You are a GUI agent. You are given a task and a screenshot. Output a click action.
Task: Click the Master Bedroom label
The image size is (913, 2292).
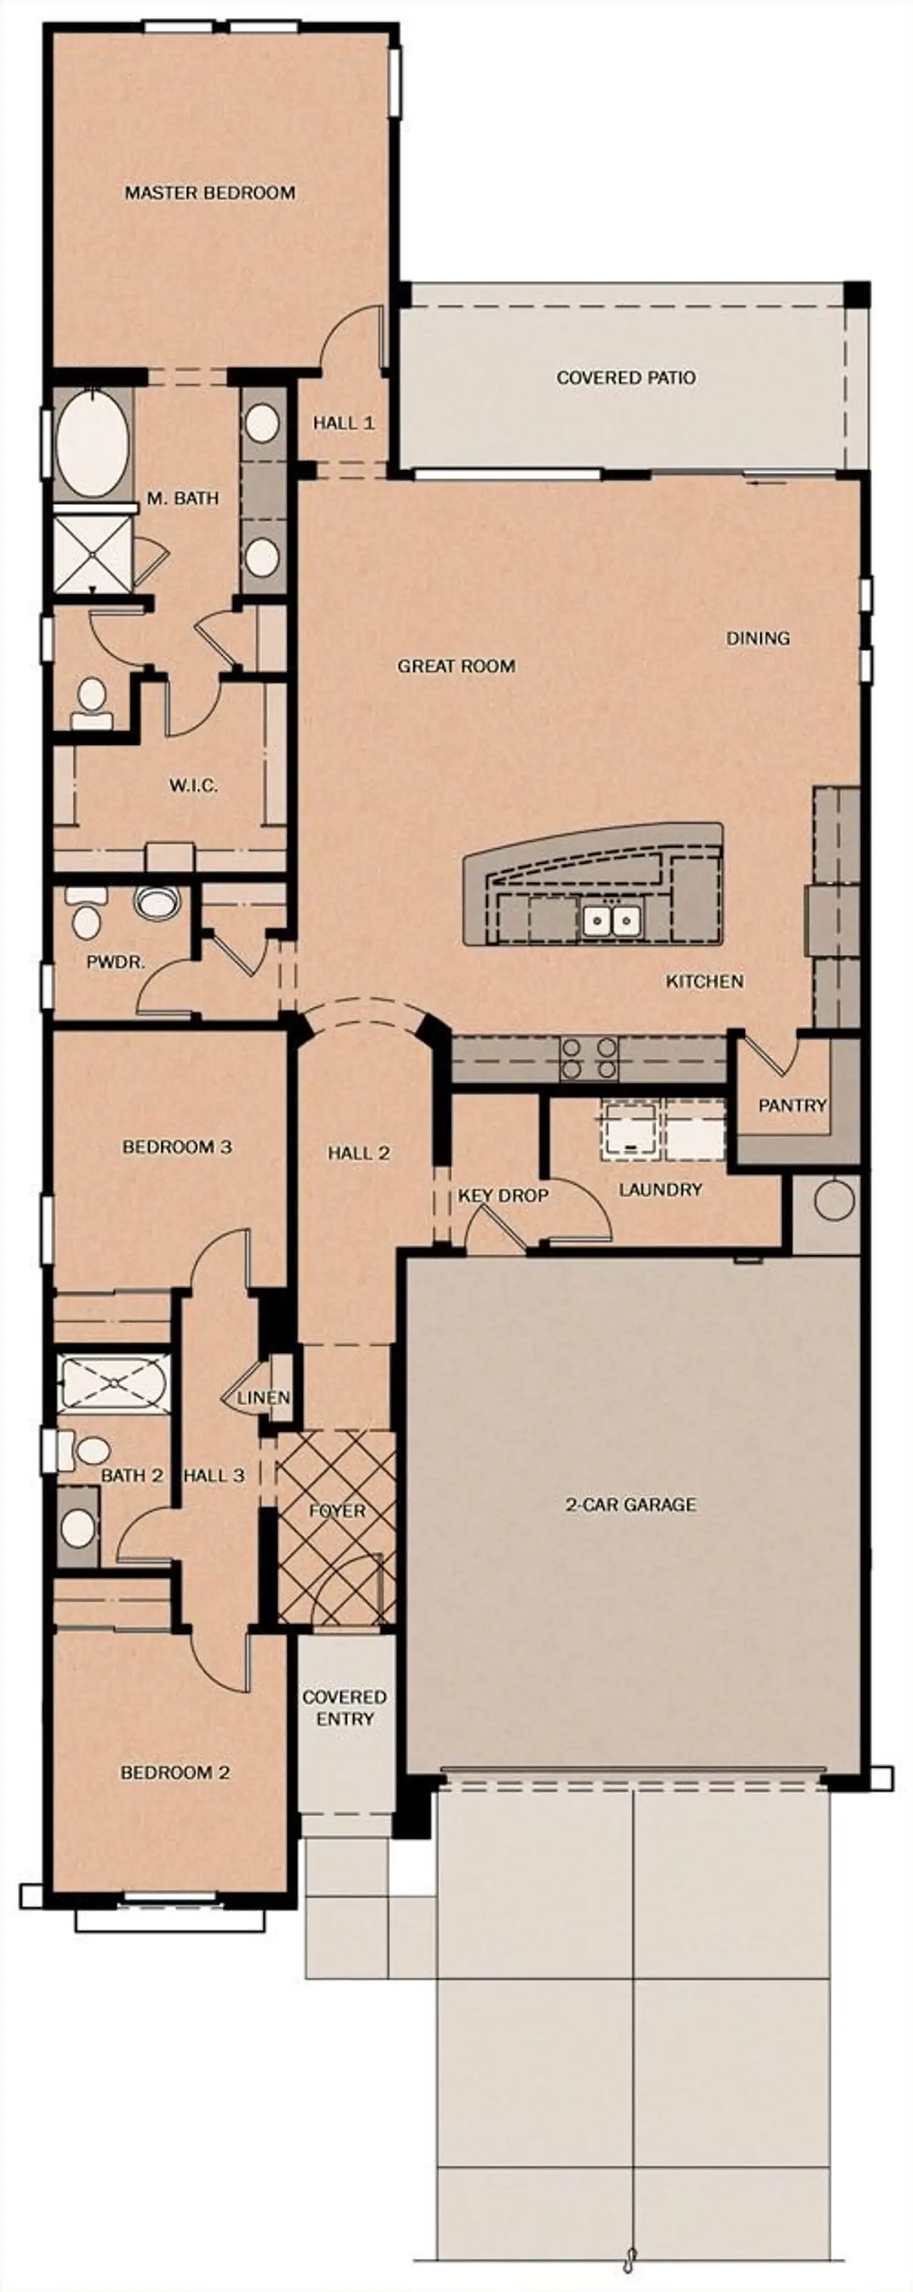coord(210,192)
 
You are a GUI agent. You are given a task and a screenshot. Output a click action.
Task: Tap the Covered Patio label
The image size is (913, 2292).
coord(626,377)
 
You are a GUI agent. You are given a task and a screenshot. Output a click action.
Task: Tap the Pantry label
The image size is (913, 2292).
coord(792,1105)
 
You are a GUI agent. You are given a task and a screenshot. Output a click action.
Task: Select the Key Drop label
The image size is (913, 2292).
coord(503,1196)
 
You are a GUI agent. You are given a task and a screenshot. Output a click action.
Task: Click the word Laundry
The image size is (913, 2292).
coord(660,1190)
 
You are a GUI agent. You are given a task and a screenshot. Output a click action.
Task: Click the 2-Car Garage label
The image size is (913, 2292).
coord(630,1504)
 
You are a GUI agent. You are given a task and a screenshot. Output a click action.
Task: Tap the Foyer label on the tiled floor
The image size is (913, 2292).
coord(337,1511)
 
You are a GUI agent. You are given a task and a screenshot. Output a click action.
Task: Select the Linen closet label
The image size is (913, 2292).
coord(263,1397)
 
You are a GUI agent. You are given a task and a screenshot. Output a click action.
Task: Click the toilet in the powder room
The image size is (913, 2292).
coord(85,919)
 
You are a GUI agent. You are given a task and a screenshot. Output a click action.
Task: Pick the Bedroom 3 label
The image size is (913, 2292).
coord(177,1147)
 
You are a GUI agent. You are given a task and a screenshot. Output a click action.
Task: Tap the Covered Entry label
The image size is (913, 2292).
coord(345,1708)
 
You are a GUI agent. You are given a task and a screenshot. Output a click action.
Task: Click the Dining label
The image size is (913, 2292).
coord(758,638)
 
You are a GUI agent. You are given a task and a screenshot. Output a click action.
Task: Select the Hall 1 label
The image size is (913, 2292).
coord(344,422)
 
